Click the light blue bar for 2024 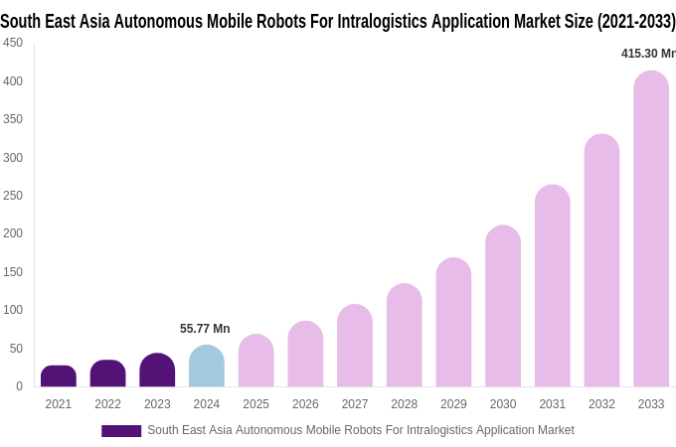[x=207, y=367]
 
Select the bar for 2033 [x=651, y=229]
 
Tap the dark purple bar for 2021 [x=59, y=376]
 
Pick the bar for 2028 [x=405, y=336]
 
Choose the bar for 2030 [x=503, y=307]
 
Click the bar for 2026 [x=305, y=355]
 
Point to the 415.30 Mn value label [x=648, y=54]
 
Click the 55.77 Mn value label [x=205, y=329]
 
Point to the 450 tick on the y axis [x=13, y=43]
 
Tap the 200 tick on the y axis [x=13, y=233]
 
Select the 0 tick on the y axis [x=19, y=386]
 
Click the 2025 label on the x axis [x=256, y=404]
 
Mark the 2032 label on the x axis [x=601, y=404]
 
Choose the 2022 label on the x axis [x=107, y=404]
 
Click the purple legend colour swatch [x=121, y=431]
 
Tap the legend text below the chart [x=360, y=430]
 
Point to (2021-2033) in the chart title [x=636, y=21]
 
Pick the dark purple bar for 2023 [x=157, y=371]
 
